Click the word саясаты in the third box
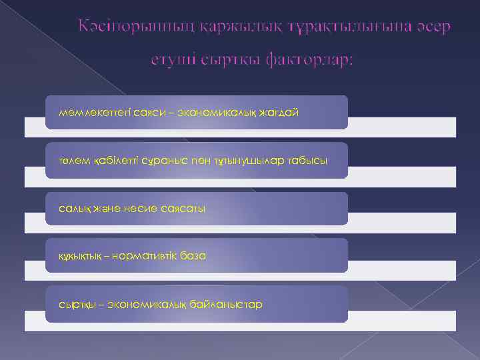tap(183, 209)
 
